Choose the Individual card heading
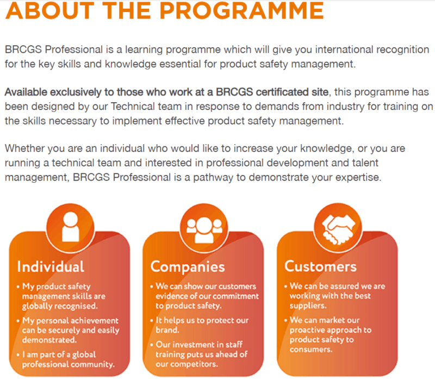pos(51,266)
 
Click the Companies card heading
pos(188,266)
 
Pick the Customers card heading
pos(321,266)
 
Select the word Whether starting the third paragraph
pos(23,148)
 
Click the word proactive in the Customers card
pos(309,330)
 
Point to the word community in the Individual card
pos(92,364)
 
